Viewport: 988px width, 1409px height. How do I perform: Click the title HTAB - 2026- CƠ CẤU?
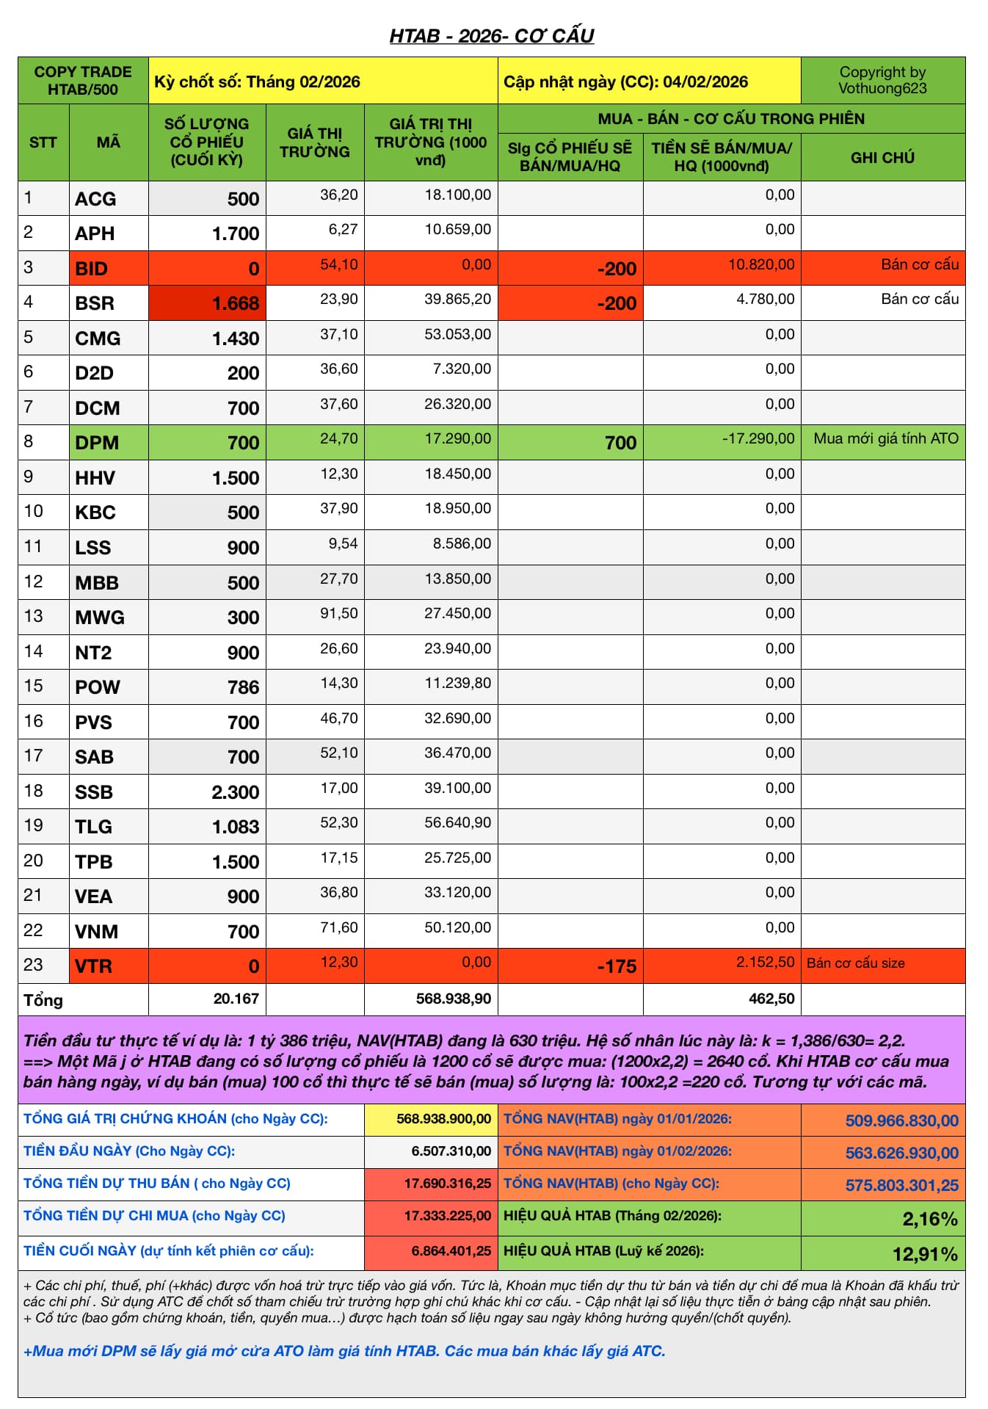click(491, 36)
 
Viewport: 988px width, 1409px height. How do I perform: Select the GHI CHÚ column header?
click(882, 157)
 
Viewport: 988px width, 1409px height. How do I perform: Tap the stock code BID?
click(92, 269)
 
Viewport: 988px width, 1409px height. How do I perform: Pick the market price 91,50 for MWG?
click(339, 614)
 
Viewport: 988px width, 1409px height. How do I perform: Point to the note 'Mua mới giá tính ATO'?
click(886, 439)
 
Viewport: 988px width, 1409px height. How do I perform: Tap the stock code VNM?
click(96, 932)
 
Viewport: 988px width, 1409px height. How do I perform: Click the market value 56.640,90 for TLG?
click(457, 823)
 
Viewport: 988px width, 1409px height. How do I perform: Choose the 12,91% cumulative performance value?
click(925, 1254)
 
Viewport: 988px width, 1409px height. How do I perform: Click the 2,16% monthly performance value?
click(929, 1219)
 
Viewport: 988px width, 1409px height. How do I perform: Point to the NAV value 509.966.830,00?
click(901, 1120)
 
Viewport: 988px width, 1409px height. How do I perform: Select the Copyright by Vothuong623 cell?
click(882, 81)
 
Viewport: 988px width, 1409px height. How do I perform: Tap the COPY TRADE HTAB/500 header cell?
click(83, 81)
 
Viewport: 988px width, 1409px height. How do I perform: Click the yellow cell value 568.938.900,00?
click(443, 1119)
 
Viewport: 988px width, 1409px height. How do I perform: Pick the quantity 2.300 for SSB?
click(235, 792)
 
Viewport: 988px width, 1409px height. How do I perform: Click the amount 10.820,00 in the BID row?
click(760, 265)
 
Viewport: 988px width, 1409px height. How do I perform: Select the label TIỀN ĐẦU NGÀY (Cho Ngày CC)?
click(129, 1151)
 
